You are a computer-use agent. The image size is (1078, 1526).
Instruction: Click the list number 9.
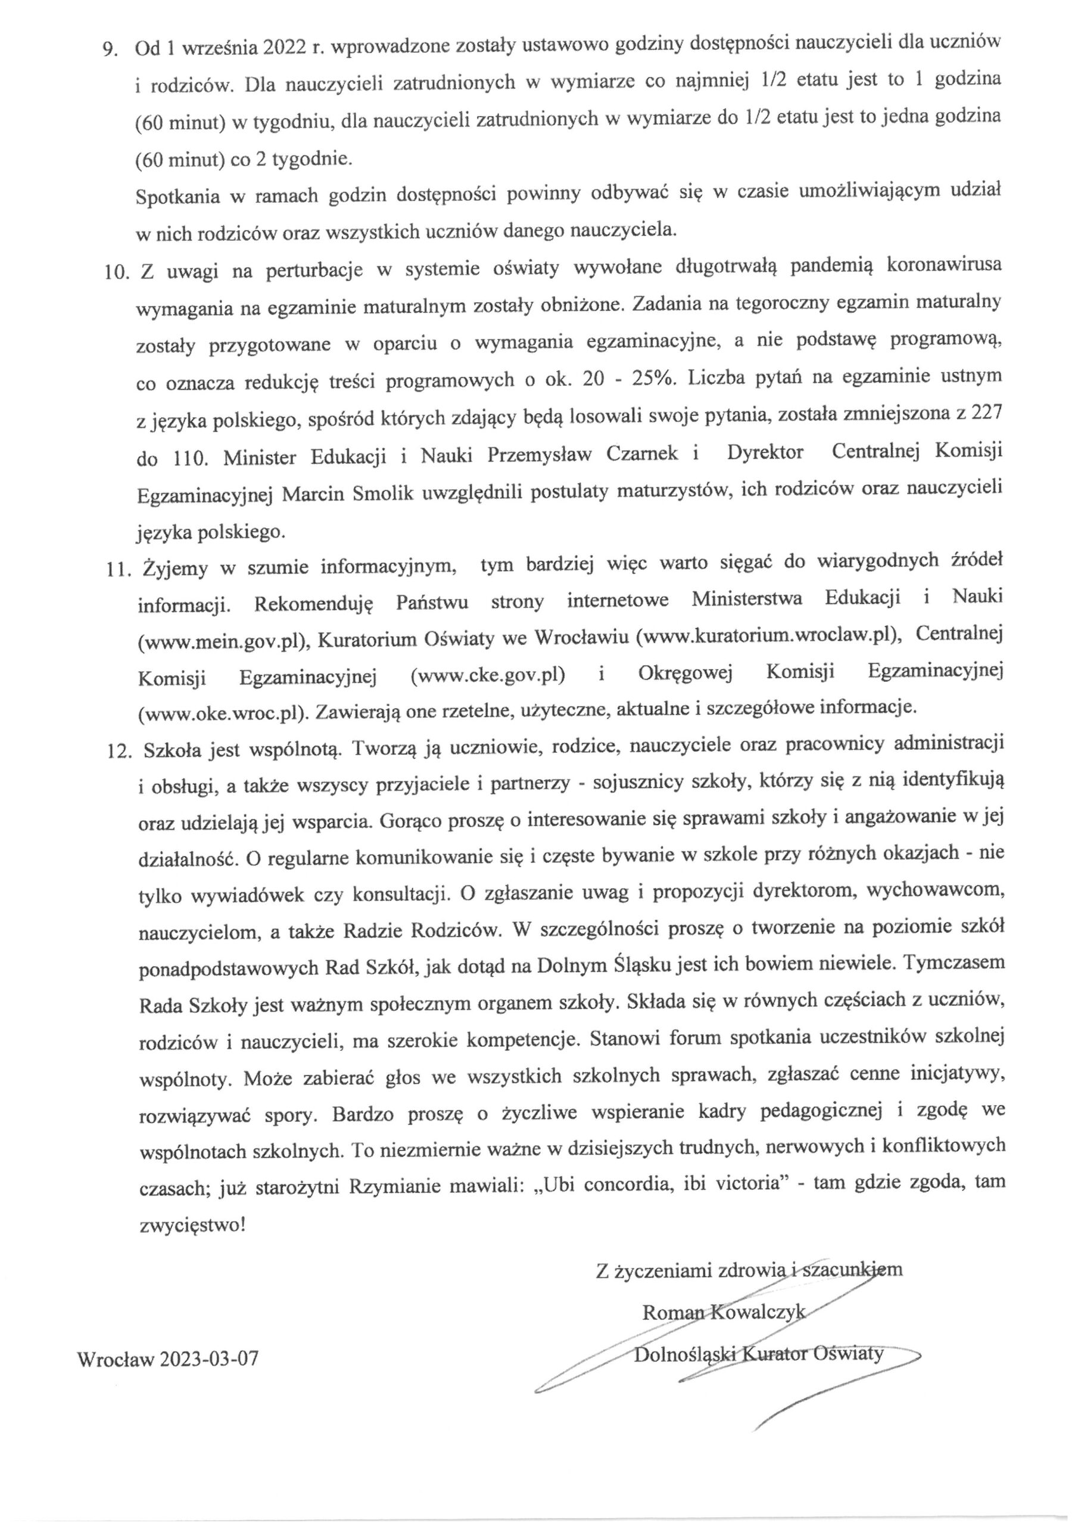(108, 51)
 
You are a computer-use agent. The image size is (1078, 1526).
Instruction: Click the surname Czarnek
(642, 454)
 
